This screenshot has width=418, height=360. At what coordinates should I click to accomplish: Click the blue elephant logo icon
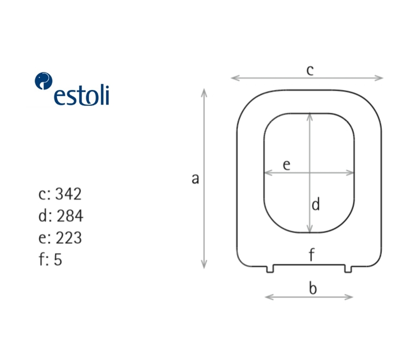pyautogui.click(x=43, y=81)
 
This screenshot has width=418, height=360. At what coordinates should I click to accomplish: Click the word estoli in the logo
pyautogui.click(x=82, y=95)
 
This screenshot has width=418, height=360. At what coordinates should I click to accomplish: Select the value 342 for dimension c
pyautogui.click(x=68, y=194)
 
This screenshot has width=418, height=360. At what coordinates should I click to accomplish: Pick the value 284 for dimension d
pyautogui.click(x=70, y=215)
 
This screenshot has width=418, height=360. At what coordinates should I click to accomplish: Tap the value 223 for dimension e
pyautogui.click(x=68, y=237)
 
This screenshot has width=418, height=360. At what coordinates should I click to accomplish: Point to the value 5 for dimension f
pyautogui.click(x=58, y=259)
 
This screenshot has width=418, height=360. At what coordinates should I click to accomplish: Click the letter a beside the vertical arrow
pyautogui.click(x=195, y=178)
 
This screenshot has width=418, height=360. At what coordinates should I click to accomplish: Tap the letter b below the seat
pyautogui.click(x=313, y=288)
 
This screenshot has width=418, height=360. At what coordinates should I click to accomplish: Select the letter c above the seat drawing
pyautogui.click(x=310, y=70)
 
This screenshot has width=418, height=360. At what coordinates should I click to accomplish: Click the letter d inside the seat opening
pyautogui.click(x=315, y=204)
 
